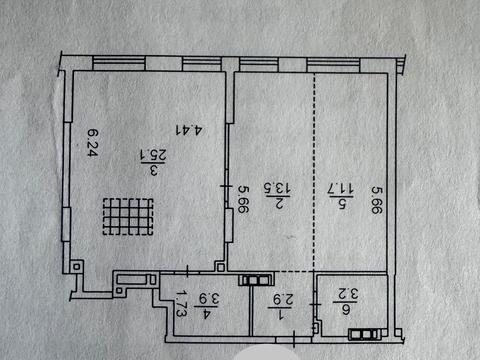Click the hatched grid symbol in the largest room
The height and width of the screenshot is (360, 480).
(x=128, y=216)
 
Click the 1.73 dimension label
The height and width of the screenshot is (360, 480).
(x=182, y=302)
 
